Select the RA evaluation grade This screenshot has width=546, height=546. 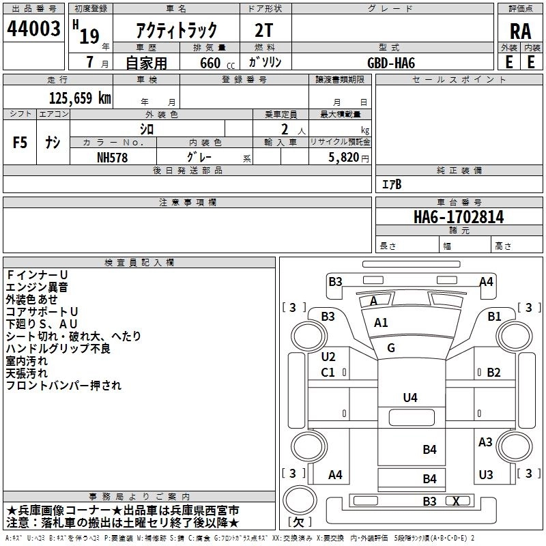(520, 31)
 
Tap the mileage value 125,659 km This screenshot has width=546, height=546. (80, 98)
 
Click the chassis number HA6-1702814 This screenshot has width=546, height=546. (459, 218)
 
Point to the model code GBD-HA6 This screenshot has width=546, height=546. (391, 62)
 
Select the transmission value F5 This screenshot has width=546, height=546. (20, 143)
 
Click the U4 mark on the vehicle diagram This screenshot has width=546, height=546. (410, 397)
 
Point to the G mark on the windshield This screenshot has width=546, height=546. (391, 348)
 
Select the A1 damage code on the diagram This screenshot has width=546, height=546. (381, 323)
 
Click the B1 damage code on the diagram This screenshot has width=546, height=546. (494, 316)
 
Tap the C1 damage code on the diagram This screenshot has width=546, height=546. (328, 373)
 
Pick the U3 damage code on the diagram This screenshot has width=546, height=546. (486, 474)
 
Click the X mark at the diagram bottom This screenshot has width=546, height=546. (456, 501)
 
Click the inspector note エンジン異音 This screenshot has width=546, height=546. (37, 287)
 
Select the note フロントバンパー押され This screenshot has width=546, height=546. (63, 386)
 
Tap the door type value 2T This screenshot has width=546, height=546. (264, 30)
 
